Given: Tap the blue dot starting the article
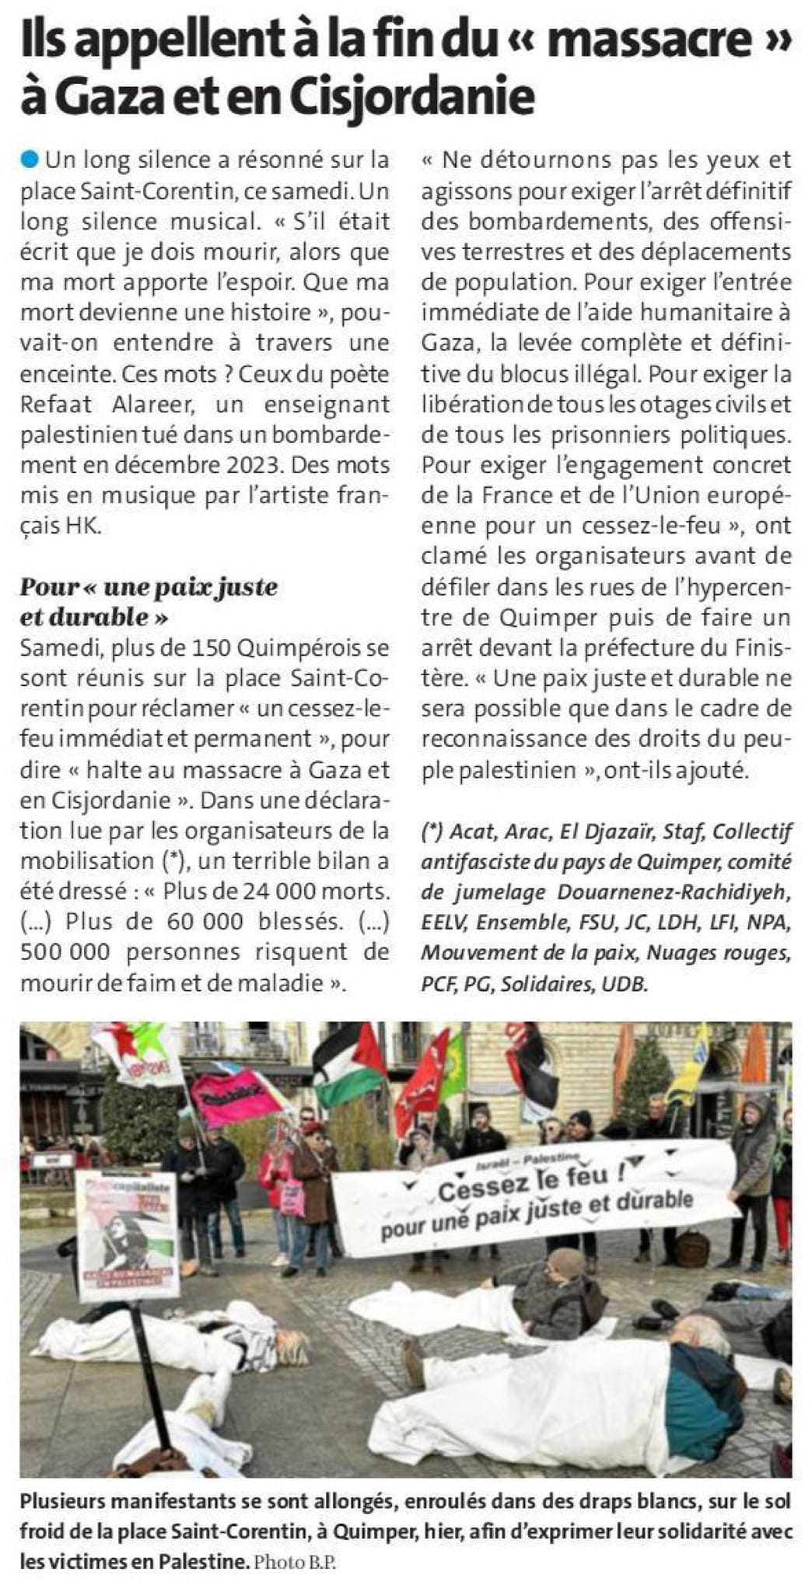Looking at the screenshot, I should coord(30,160).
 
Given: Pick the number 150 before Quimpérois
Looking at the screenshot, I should coord(199,647).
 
